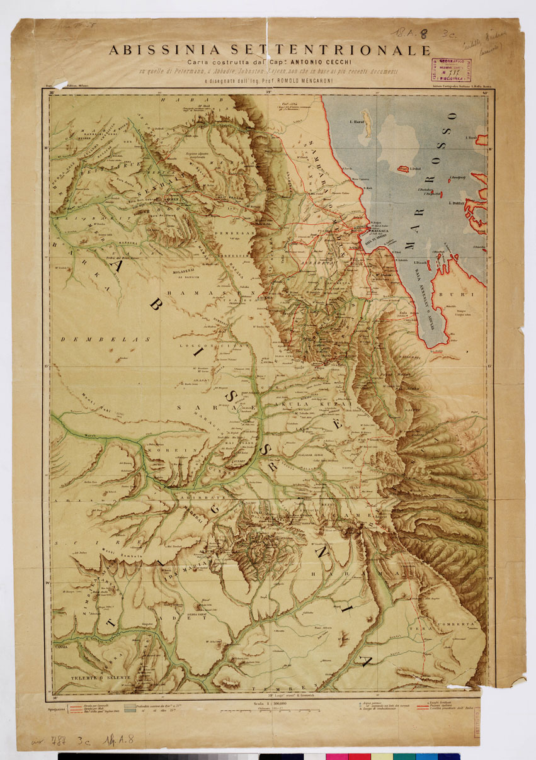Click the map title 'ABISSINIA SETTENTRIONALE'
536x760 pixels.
(x=270, y=50)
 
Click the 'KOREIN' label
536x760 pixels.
(x=164, y=451)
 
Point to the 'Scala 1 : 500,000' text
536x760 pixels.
(x=270, y=705)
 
